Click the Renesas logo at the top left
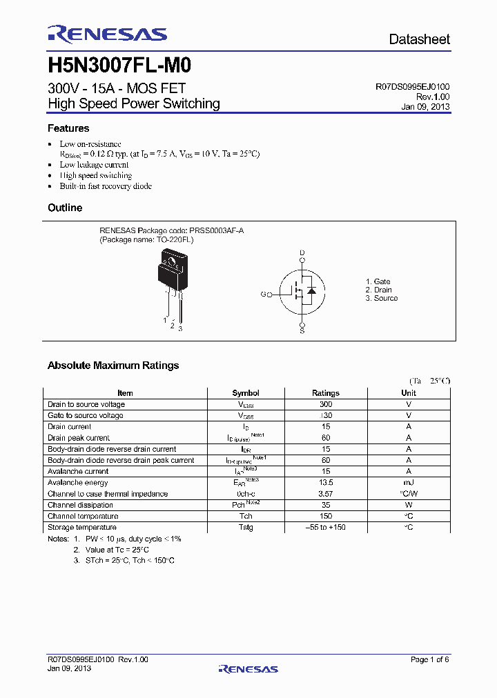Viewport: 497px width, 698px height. point(107,34)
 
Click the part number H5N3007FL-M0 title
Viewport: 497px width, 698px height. point(119,66)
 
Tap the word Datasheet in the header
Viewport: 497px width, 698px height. point(419,39)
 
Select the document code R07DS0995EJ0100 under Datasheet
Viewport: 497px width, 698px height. point(412,87)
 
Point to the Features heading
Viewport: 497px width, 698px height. point(68,128)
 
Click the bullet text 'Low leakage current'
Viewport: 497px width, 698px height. point(94,165)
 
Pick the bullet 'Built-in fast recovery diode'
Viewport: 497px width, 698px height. point(106,186)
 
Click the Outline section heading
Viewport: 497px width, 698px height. point(64,208)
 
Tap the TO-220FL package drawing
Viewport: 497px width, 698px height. point(173,279)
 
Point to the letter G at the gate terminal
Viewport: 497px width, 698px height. point(263,295)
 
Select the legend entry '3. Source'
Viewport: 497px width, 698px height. point(382,298)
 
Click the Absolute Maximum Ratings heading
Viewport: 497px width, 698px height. point(113,366)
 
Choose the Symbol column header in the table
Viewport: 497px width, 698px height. point(246,393)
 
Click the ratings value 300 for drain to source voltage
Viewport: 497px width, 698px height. point(326,404)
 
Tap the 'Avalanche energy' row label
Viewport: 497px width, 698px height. point(77,483)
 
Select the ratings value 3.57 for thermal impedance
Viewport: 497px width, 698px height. point(326,494)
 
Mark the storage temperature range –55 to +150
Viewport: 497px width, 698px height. point(326,528)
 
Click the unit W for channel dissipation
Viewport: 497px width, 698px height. point(409,505)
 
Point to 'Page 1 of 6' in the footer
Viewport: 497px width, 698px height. point(429,660)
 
